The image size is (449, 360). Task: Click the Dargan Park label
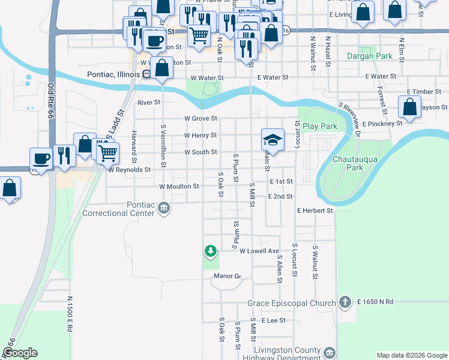coord(369,56)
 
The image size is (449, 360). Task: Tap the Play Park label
coord(319,127)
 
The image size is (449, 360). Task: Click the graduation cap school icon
coord(272,140)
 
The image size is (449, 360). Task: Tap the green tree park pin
coord(210,250)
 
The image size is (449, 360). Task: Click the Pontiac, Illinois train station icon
coord(146,74)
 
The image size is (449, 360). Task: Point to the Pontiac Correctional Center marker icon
coord(164,208)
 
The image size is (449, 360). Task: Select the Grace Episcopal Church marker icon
coord(345,301)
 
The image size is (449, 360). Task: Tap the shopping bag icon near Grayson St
coord(409,107)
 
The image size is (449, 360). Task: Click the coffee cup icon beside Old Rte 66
coord(41,159)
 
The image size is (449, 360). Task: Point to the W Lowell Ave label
coord(259,251)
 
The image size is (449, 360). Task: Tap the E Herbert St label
coord(315,211)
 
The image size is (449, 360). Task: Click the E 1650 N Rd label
coord(375,301)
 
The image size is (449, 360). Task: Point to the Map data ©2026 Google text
coord(411,355)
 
